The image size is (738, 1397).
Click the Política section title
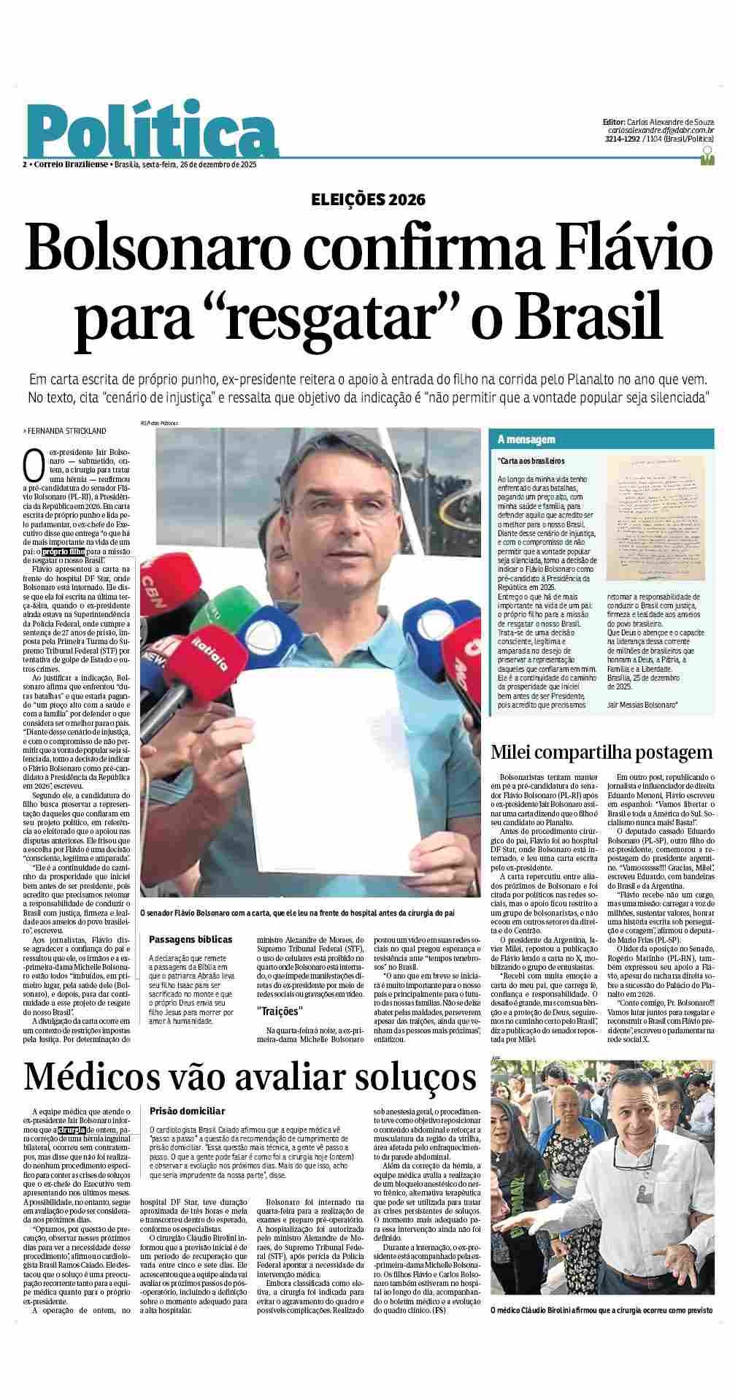pyautogui.click(x=151, y=131)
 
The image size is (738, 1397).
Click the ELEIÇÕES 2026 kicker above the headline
pyautogui.click(x=368, y=199)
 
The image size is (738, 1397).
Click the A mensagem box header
pyautogui.click(x=526, y=440)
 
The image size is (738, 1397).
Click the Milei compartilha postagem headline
pyautogui.click(x=601, y=753)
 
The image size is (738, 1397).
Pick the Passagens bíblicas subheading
pyautogui.click(x=191, y=939)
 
